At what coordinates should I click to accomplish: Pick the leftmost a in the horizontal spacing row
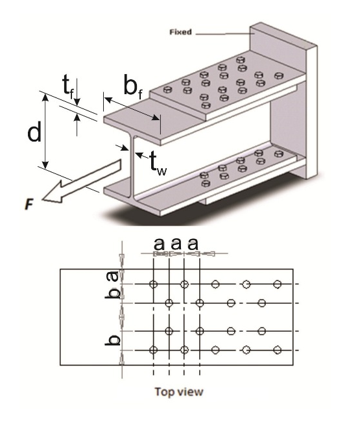click(160, 244)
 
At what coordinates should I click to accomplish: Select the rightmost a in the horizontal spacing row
click(192, 244)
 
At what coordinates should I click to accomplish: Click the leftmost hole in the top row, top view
click(153, 284)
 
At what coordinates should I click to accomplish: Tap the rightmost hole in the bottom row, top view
click(278, 351)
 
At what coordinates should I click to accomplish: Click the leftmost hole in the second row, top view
click(169, 303)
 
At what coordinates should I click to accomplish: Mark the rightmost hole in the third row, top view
click(262, 331)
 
